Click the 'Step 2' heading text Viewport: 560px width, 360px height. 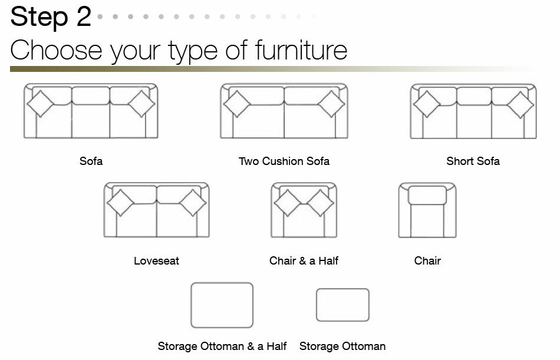51,16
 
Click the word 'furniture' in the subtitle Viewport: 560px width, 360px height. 301,49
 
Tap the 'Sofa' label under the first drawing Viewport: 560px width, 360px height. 91,161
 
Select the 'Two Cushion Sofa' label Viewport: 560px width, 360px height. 284,161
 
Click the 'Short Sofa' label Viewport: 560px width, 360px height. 473,161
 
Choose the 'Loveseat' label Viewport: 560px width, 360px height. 156,260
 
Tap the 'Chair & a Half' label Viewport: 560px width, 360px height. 304,260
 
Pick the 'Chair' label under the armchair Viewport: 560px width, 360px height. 427,260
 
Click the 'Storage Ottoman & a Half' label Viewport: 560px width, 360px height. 222,346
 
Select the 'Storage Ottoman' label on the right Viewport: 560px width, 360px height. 342,346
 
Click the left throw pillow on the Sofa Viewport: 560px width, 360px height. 40,104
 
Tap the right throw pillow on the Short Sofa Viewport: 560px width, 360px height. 521,105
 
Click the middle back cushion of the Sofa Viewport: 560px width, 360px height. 91,95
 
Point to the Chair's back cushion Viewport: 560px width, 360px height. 427,195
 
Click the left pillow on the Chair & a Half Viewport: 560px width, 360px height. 288,203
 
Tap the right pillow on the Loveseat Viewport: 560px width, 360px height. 193,203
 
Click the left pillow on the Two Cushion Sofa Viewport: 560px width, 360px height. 236,104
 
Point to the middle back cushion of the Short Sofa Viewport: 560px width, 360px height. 474,96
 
